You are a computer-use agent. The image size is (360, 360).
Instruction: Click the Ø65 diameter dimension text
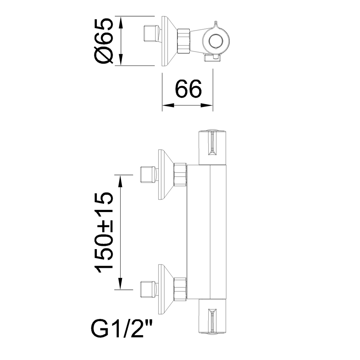[104, 41]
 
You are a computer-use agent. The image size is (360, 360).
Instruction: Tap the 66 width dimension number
[188, 89]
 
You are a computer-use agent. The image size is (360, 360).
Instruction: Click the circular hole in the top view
[216, 41]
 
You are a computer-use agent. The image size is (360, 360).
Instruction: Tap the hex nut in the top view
[183, 41]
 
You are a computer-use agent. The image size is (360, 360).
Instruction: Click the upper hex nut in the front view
[180, 175]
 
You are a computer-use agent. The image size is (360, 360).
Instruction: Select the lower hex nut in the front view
[180, 289]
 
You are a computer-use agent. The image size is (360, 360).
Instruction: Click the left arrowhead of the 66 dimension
[168, 105]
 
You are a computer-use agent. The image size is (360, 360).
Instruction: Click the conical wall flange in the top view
[170, 41]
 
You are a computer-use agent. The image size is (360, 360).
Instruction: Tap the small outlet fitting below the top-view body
[213, 58]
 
